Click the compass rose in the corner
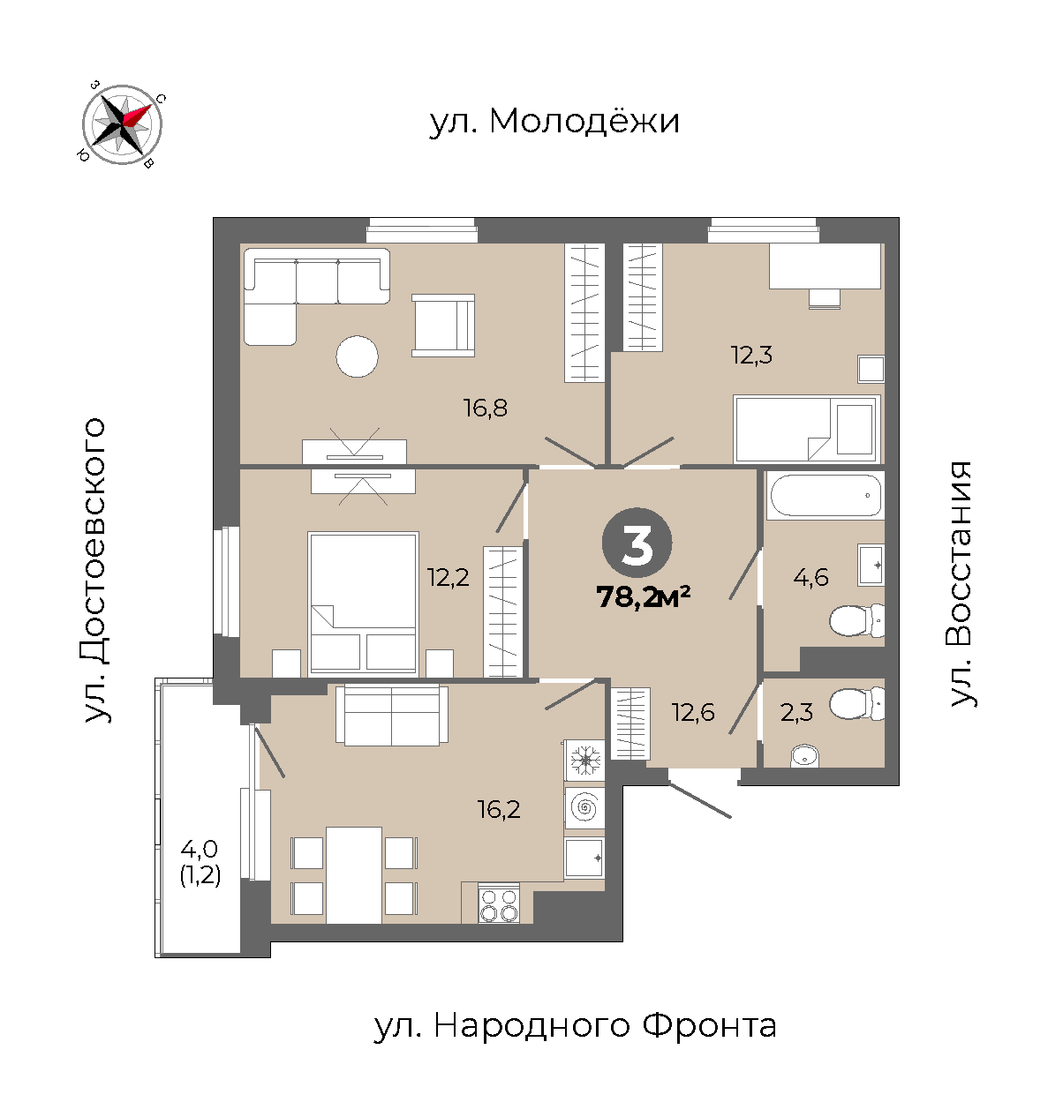tap(122, 124)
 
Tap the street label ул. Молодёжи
tap(554, 121)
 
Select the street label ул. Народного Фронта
tap(576, 1025)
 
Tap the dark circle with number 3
tap(637, 543)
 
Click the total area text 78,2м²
tap(644, 596)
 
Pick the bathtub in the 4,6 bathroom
tap(826, 495)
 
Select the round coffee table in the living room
tap(357, 356)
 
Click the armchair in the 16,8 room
tap(443, 325)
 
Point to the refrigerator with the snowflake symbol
tap(584, 761)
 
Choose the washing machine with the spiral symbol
tap(584, 808)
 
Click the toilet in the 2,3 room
tap(856, 703)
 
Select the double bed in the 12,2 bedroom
tap(363, 603)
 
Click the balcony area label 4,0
tap(200, 849)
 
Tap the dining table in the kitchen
tap(354, 875)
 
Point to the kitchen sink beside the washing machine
tap(584, 858)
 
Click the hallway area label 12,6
tap(693, 713)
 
